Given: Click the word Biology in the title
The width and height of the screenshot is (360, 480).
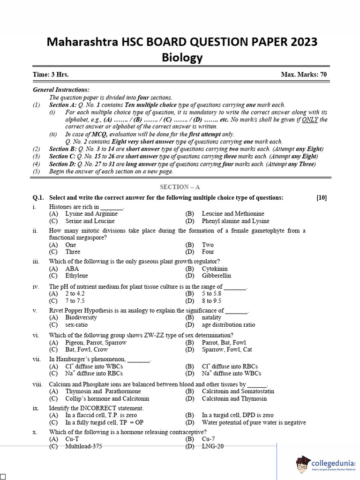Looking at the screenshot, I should pyautogui.click(x=182, y=57).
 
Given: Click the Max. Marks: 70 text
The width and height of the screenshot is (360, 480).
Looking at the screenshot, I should pyautogui.click(x=304, y=75).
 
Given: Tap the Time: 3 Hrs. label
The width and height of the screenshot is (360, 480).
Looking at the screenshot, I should pyautogui.click(x=51, y=75).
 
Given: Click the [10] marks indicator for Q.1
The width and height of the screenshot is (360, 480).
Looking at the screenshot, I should pyautogui.click(x=322, y=198).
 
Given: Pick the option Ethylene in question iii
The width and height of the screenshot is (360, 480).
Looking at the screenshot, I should pyautogui.click(x=76, y=276).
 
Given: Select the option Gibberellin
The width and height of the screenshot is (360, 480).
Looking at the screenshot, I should pyautogui.click(x=216, y=276).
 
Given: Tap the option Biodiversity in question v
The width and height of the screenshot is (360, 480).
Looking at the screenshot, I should pyautogui.click(x=81, y=317).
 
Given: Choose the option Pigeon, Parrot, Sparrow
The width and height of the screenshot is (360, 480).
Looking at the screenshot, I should pyautogui.click(x=96, y=342).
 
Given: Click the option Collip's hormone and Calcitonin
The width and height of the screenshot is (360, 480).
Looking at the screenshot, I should pyautogui.click(x=107, y=398).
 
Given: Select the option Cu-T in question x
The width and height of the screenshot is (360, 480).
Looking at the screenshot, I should pyautogui.click(x=72, y=439).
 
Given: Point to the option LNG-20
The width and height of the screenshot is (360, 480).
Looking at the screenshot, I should pyautogui.click(x=213, y=446).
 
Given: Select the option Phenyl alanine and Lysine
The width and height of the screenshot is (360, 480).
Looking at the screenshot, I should pyautogui.click(x=235, y=221).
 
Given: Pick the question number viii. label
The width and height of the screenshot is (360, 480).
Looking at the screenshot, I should pyautogui.click(x=37, y=384).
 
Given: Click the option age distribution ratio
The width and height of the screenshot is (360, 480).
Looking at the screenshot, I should pyautogui.click(x=228, y=324).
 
